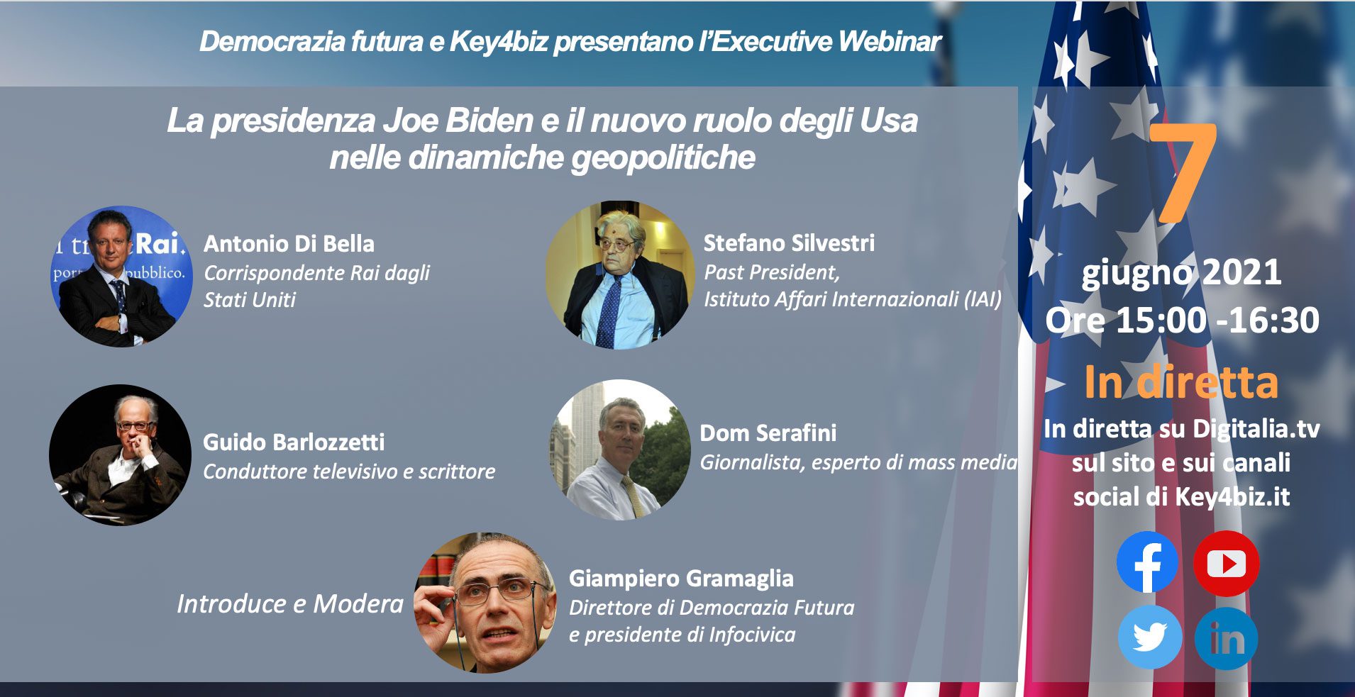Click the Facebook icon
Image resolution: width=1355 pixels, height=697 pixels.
(x=1147, y=562)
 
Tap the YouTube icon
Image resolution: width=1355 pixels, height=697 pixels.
(x=1226, y=563)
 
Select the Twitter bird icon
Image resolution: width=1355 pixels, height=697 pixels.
(x=1149, y=637)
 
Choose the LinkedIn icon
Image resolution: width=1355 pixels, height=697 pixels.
(x=1226, y=638)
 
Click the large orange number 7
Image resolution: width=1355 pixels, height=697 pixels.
(x=1183, y=173)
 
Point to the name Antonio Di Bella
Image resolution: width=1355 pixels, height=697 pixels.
(x=289, y=244)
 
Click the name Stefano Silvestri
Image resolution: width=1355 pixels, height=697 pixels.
(x=789, y=243)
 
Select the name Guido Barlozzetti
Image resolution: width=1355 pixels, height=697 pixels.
(x=294, y=442)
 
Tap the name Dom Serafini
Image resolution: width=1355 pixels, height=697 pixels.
(x=768, y=433)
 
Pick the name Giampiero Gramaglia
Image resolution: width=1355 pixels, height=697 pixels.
(x=681, y=579)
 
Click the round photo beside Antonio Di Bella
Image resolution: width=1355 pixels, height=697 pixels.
(x=122, y=277)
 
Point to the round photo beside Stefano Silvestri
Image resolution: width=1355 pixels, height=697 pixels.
(x=620, y=275)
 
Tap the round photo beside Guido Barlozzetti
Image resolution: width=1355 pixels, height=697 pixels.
(x=120, y=455)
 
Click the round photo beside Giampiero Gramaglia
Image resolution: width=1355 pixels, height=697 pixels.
(x=485, y=603)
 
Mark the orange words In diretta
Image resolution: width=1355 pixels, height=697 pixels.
(x=1181, y=382)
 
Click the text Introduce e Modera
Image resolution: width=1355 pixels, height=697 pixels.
(x=289, y=604)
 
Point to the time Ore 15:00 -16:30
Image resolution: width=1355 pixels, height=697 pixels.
(x=1182, y=320)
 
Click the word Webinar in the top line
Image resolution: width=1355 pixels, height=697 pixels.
(x=890, y=42)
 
